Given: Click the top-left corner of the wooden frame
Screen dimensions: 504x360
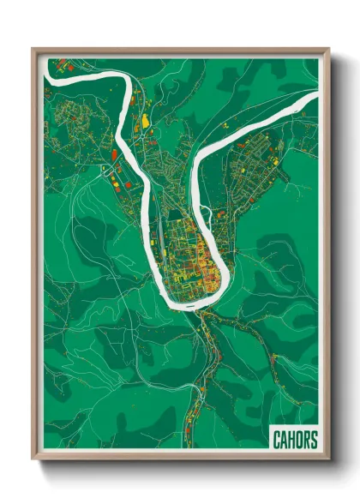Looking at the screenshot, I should click(33, 49).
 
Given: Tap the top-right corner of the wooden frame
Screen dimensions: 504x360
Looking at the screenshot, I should click(328, 49).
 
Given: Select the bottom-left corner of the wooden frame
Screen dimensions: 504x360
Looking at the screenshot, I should click(33, 460).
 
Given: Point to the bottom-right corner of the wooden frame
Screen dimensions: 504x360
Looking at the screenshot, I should click(328, 460).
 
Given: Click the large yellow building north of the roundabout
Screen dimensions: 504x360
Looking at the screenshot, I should click(146, 118).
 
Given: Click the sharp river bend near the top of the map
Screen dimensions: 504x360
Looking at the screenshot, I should click(129, 83).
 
